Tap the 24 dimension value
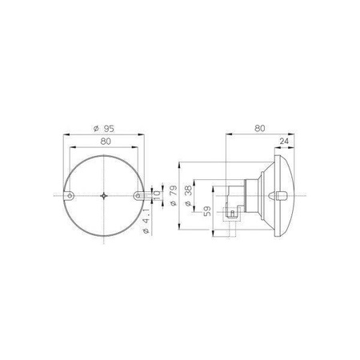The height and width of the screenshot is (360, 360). pyautogui.click(x=285, y=142)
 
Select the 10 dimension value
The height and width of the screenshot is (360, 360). pyautogui.click(x=158, y=195)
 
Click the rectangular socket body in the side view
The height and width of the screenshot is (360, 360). pyautogui.click(x=233, y=195)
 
